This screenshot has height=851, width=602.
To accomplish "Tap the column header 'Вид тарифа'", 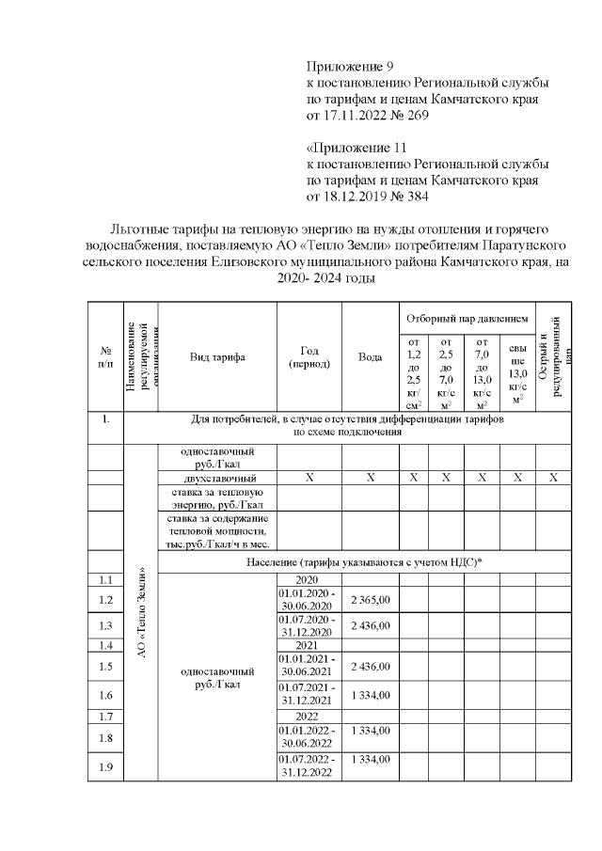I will [216, 357].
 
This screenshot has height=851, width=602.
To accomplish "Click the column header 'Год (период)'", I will [309, 357].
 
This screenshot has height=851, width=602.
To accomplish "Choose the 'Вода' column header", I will [370, 357].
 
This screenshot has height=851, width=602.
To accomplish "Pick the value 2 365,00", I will [370, 599].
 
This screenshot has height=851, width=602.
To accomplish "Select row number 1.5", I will [105, 667].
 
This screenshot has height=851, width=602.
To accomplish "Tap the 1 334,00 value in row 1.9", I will [370, 759].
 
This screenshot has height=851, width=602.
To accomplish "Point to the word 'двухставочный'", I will [216, 478].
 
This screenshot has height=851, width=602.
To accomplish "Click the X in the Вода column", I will [370, 478].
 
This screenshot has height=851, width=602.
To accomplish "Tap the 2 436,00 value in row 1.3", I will [370, 625].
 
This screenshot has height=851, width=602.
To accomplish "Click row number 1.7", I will [105, 717].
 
